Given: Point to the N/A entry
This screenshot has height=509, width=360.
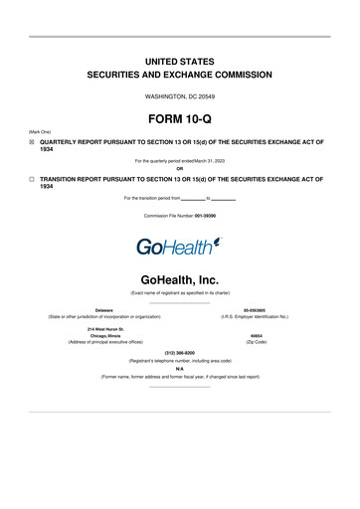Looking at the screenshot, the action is pyautogui.click(x=180, y=369).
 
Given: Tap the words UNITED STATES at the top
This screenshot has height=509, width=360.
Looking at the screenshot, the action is pyautogui.click(x=179, y=62).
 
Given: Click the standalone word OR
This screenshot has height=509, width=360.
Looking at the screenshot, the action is pyautogui.click(x=180, y=167).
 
